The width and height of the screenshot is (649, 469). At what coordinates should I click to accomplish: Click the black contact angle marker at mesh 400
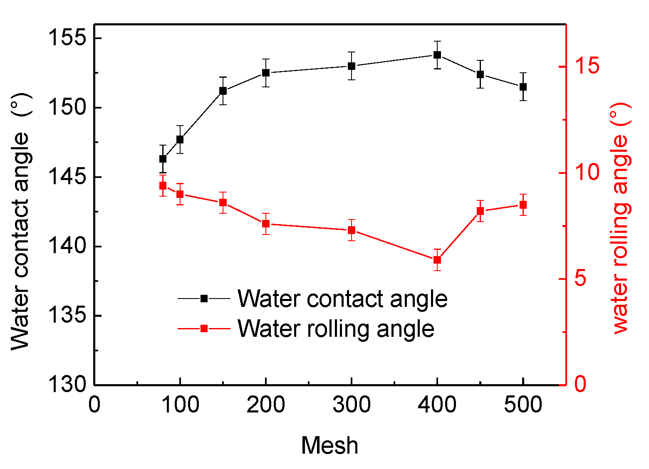[x=437, y=55]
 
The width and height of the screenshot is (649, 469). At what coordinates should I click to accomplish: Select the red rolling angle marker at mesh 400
[x=437, y=260]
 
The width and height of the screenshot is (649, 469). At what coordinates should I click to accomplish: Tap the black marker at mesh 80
[x=163, y=159]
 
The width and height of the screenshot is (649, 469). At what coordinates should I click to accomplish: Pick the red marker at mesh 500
[x=523, y=205]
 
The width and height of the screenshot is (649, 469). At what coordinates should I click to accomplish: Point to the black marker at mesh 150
[x=223, y=91]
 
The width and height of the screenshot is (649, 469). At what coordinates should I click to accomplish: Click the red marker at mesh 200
[x=266, y=224]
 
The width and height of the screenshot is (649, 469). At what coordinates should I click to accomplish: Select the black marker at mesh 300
[x=352, y=66]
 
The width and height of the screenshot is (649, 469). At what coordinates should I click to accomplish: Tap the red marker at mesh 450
[x=480, y=211]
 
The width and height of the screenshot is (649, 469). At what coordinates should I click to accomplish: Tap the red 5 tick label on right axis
[x=580, y=279]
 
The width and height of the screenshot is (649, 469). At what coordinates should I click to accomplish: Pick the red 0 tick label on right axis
[x=580, y=385]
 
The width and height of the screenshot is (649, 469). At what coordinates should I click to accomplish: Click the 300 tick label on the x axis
[x=352, y=405]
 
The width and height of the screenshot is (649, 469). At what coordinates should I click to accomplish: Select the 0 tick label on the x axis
[x=94, y=405]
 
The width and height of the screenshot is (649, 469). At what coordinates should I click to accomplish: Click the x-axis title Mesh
[x=329, y=446]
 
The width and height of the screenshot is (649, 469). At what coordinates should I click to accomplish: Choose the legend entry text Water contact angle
[x=342, y=299]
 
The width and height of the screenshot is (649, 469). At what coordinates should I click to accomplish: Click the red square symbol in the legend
[x=204, y=328]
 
